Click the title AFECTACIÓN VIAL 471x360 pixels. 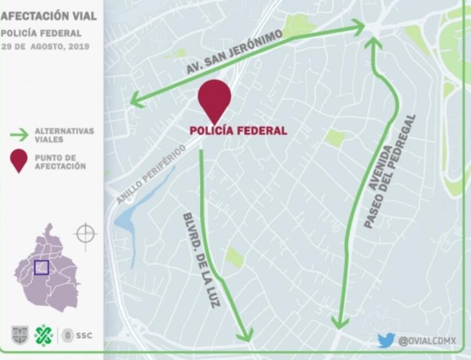click(48, 16)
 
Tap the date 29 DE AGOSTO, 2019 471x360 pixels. click(45, 46)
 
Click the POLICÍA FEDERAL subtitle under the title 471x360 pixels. click(41, 33)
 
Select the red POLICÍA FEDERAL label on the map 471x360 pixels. click(238, 131)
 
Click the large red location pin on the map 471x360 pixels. click(215, 99)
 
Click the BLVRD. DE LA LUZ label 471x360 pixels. click(201, 259)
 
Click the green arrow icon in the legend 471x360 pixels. click(19, 135)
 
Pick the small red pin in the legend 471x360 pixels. click(19, 161)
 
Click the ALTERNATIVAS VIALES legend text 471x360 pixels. click(64, 135)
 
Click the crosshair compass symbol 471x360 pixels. click(85, 234)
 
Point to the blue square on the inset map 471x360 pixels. click(41, 267)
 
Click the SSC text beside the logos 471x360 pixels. click(84, 336)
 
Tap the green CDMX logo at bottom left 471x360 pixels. click(44, 335)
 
